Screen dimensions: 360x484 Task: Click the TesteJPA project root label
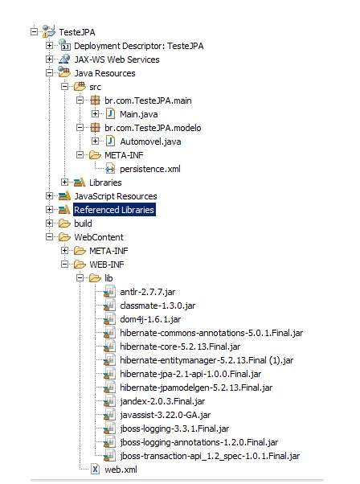[77, 32]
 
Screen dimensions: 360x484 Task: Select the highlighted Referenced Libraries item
[114, 210]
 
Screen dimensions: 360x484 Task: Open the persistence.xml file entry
[150, 169]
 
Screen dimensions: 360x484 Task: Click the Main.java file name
[139, 114]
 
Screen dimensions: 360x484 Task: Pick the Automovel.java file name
[150, 142]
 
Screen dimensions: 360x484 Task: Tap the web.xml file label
[121, 470]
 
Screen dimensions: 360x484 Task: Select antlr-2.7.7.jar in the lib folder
[148, 292]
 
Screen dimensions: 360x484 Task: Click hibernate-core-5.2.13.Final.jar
[180, 347]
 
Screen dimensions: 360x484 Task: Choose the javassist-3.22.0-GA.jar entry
[166, 415]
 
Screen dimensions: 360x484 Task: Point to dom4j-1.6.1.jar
[150, 319]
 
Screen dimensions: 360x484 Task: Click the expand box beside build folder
[49, 223]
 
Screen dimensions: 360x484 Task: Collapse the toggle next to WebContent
[49, 236]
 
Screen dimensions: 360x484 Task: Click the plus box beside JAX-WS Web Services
[49, 59]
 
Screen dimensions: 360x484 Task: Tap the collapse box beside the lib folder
[80, 278]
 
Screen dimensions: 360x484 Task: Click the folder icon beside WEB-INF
[80, 265]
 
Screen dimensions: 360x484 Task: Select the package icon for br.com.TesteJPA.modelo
[95, 128]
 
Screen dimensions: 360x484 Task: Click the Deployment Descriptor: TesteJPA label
[139, 46]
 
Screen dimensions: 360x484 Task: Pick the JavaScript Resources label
[116, 196]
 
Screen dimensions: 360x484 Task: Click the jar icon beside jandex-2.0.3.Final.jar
[109, 401]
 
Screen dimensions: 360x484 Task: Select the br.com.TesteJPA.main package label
[148, 100]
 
